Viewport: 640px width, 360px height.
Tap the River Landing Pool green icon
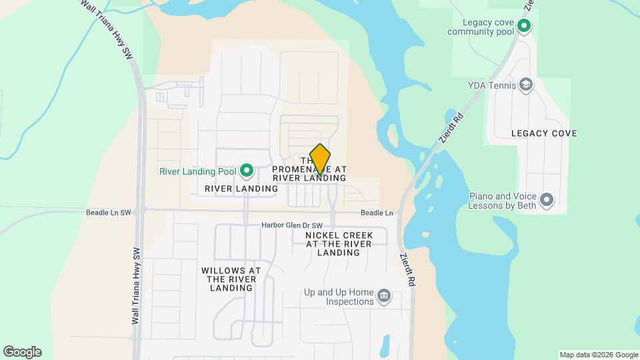247,171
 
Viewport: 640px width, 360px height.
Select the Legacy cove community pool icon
525,26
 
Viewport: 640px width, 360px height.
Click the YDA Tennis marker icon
526,85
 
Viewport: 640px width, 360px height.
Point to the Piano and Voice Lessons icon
547,200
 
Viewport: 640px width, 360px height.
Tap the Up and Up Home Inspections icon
383,296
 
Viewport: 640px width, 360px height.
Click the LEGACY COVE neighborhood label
544,133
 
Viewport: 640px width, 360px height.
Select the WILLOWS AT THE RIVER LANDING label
231,279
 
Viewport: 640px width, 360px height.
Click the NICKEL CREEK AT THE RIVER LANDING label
339,244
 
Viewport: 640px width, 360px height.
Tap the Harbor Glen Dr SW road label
291,225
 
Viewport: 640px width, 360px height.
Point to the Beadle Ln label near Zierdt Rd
377,213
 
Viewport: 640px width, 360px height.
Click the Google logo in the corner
22,352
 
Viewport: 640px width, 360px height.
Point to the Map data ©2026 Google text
599,355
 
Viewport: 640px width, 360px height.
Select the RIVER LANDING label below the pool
241,189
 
